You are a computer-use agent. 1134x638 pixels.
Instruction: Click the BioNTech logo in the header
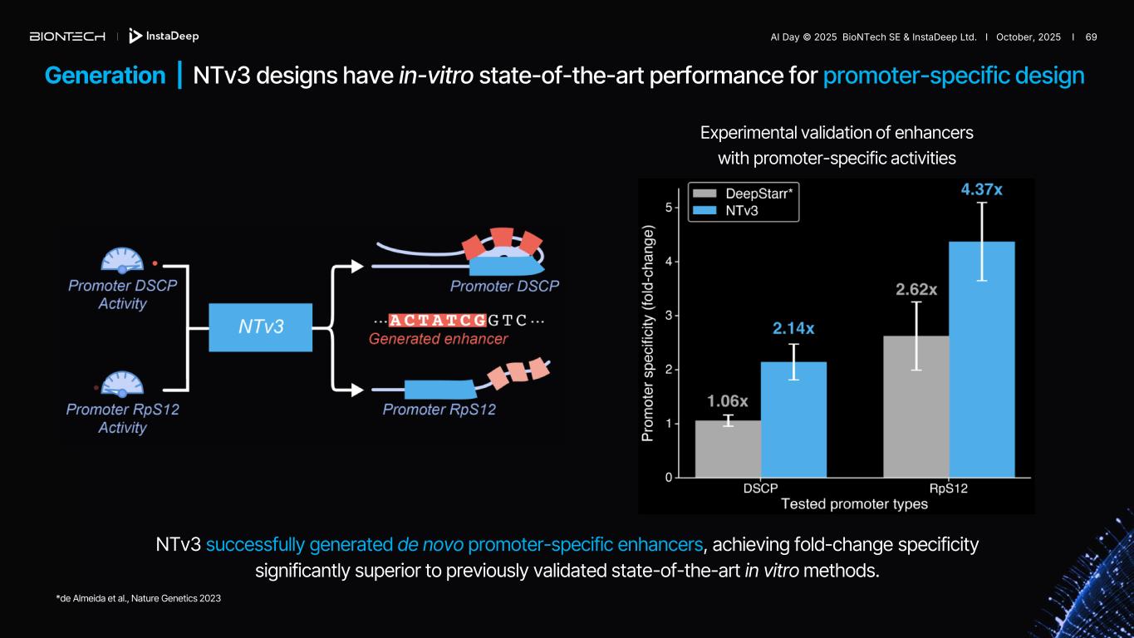(67, 37)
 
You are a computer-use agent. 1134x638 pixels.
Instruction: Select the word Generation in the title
(105, 76)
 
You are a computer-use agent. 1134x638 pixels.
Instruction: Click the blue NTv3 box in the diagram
(261, 327)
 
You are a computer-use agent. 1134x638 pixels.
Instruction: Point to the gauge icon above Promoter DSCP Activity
(123, 260)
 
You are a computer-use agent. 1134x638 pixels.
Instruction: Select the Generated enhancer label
(438, 339)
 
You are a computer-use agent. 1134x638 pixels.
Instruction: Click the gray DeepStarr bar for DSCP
(728, 449)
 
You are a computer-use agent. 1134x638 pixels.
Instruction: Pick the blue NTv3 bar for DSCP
(793, 420)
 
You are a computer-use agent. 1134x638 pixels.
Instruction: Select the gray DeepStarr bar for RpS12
(916, 407)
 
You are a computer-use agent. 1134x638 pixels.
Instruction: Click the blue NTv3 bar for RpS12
(981, 360)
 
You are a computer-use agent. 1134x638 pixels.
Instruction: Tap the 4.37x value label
(981, 190)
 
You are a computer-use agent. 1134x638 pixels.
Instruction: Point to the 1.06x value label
(728, 401)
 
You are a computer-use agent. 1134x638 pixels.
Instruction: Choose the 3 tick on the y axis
(669, 316)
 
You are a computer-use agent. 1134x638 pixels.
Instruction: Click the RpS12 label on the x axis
(948, 488)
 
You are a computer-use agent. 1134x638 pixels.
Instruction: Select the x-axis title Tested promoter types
(854, 504)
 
